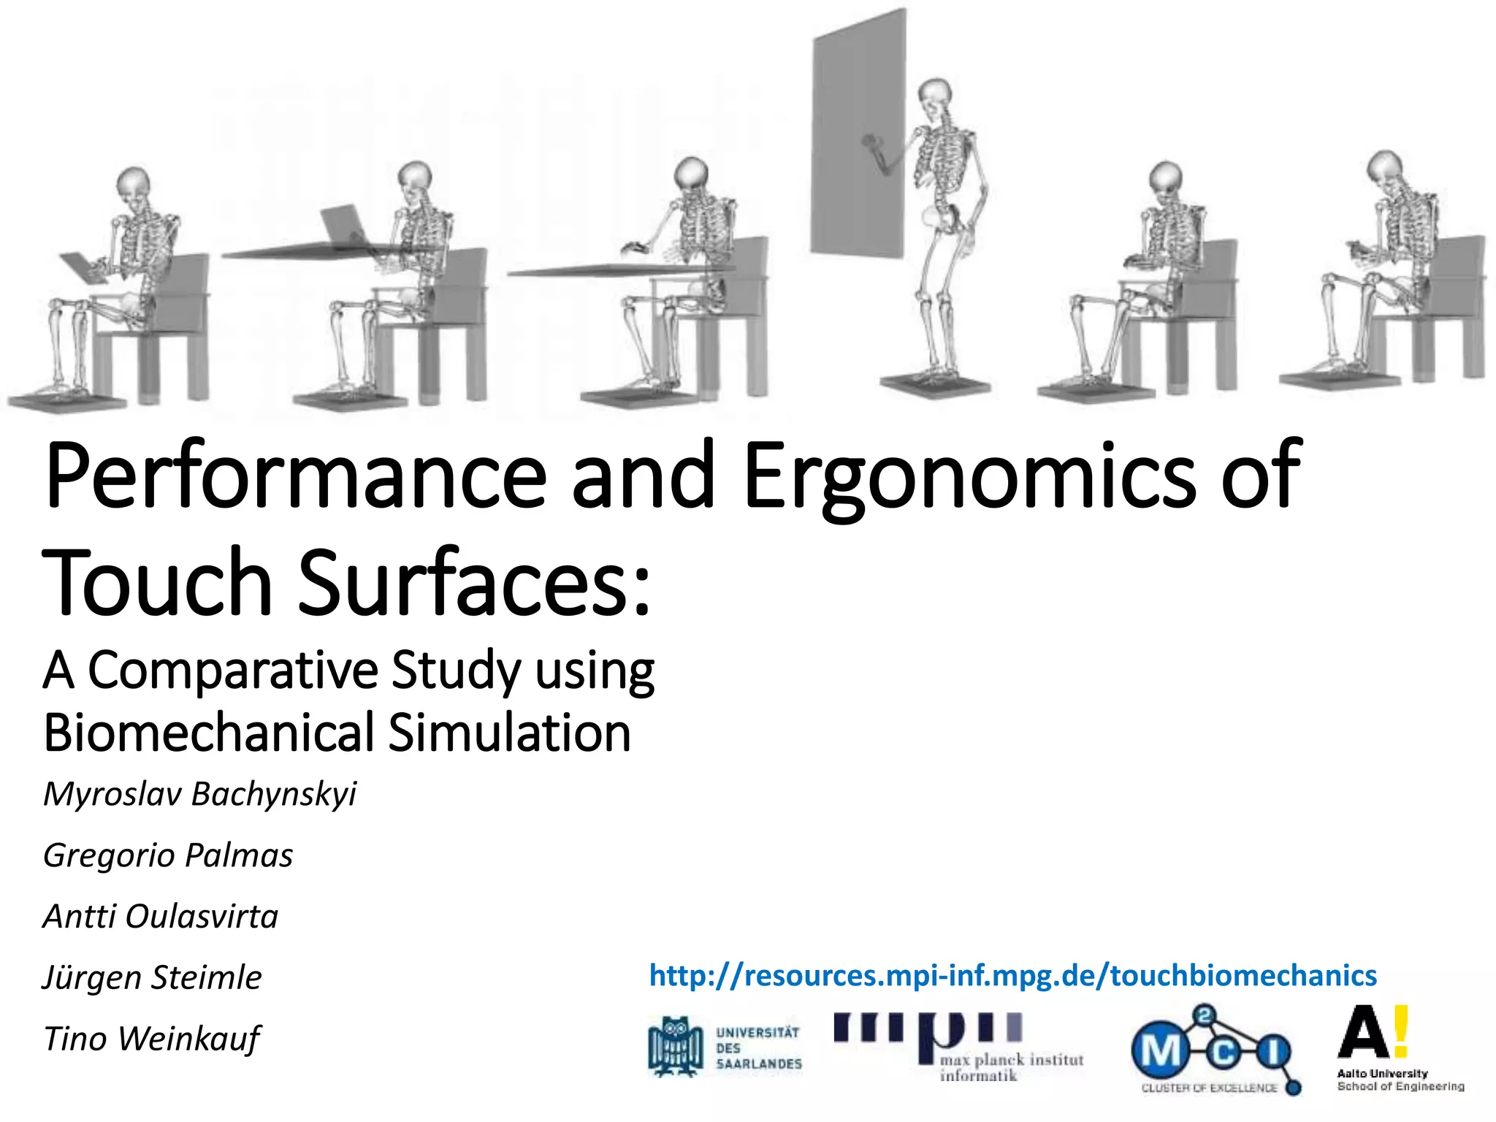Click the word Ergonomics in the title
pos(968,478)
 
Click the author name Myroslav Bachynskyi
pos(199,794)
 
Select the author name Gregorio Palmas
pos(168,855)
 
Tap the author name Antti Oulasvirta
pos(161,916)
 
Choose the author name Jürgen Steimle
pos(152,977)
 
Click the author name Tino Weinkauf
pos(151,1039)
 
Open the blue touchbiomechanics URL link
pos(1012,976)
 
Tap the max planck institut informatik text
pos(1010,1066)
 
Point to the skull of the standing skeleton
pos(933,96)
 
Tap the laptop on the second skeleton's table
pos(343,223)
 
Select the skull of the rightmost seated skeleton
pos(1384,169)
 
